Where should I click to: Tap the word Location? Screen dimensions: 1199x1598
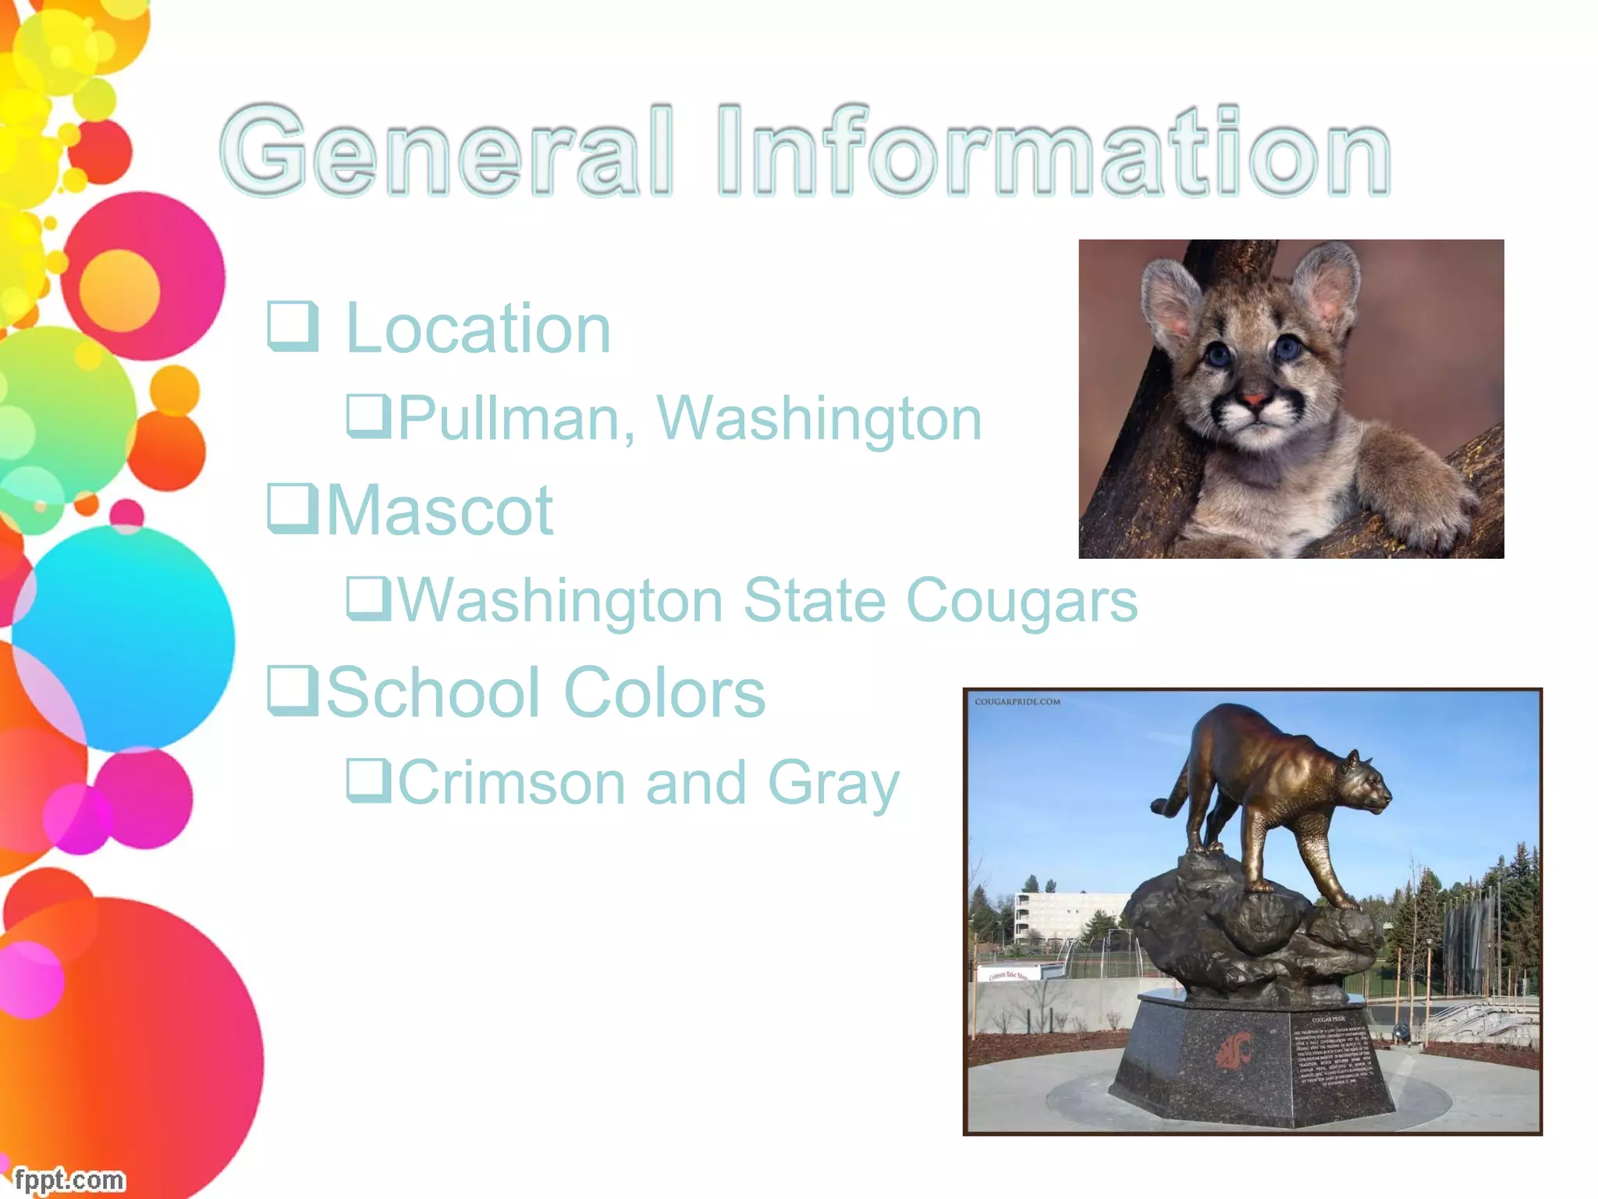tap(478, 329)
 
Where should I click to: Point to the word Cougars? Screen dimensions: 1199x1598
tap(1021, 601)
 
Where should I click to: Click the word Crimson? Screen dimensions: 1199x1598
tap(512, 783)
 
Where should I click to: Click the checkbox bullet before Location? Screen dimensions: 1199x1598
tap(293, 326)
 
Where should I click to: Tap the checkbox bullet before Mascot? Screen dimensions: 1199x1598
tap(293, 508)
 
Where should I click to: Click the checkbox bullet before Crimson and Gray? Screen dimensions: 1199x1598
tap(368, 779)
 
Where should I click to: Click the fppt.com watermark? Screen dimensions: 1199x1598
tap(69, 1179)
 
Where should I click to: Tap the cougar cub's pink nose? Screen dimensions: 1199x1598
tap(1255, 401)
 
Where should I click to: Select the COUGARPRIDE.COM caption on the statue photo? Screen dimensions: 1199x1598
tap(1017, 702)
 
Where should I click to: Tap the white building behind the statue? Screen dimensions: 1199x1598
tap(1069, 914)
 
